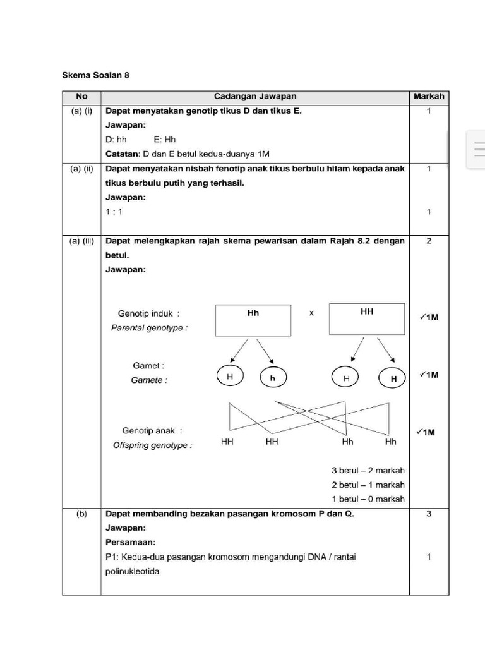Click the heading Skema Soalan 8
[x=95, y=75]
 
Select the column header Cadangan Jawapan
[x=254, y=97]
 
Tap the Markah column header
[x=429, y=97]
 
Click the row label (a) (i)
[x=81, y=111]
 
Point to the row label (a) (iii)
[x=81, y=241]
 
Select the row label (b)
[x=81, y=514]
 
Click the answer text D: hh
[x=116, y=140]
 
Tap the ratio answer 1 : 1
[x=114, y=212]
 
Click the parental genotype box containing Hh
[x=253, y=320]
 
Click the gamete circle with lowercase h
[x=273, y=378]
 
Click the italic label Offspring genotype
[x=153, y=445]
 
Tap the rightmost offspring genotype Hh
[x=390, y=442]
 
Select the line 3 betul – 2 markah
[x=368, y=471]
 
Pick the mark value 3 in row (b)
[x=429, y=514]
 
